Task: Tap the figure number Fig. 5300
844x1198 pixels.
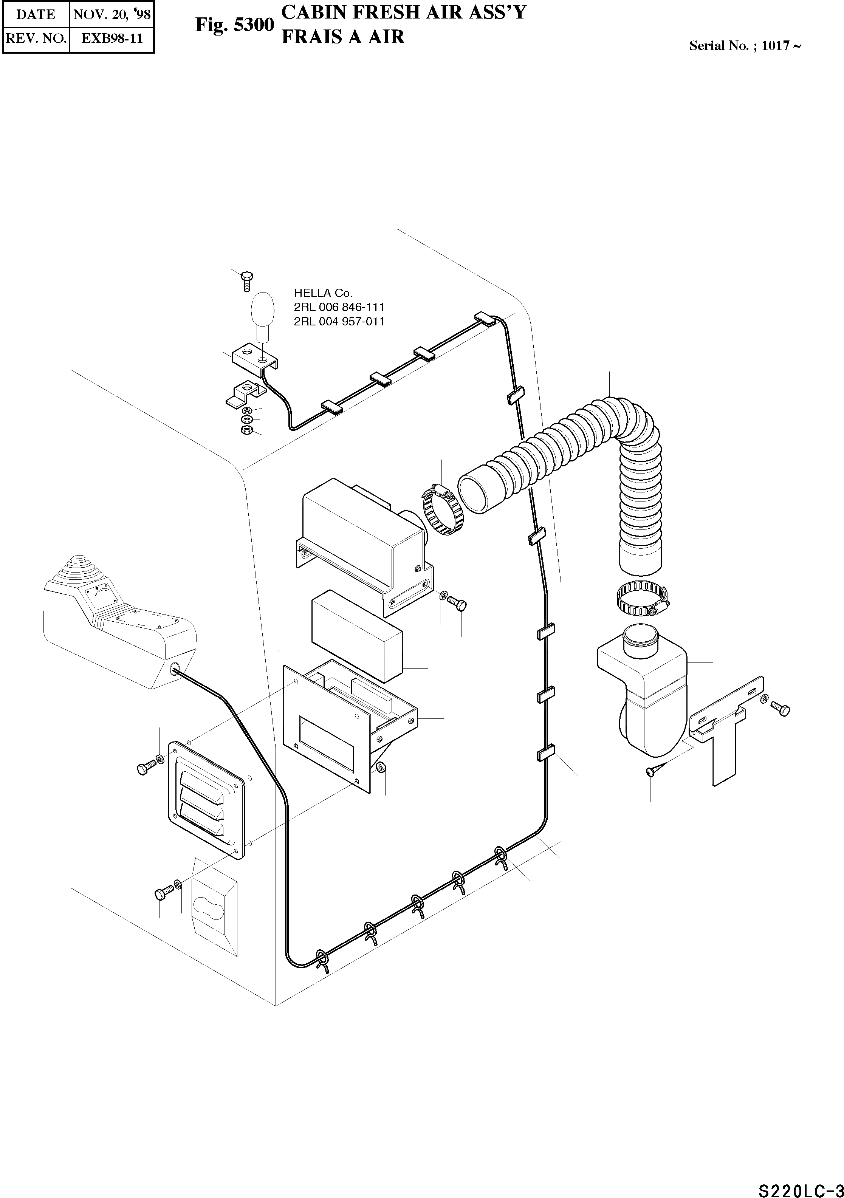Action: click(234, 25)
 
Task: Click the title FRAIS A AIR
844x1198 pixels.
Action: click(343, 37)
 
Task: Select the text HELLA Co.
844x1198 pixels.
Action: click(323, 293)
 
